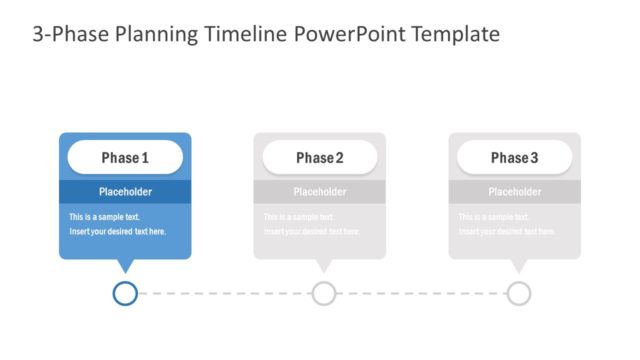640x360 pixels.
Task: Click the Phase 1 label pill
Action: pyautogui.click(x=125, y=158)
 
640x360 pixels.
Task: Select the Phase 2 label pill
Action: pyautogui.click(x=320, y=158)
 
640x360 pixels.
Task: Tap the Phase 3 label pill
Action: pyautogui.click(x=515, y=158)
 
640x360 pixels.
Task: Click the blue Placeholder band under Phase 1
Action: pyautogui.click(x=125, y=192)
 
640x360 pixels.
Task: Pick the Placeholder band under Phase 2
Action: pyautogui.click(x=320, y=192)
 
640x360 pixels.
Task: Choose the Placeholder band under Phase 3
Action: pyautogui.click(x=515, y=192)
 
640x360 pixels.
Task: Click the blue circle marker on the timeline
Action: pyautogui.click(x=125, y=293)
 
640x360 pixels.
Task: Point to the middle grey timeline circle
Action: pyautogui.click(x=324, y=293)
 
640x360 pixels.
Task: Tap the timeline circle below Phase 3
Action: pyautogui.click(x=518, y=293)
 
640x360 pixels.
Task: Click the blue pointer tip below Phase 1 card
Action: pyautogui.click(x=125, y=266)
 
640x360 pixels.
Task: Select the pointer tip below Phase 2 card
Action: pyautogui.click(x=323, y=266)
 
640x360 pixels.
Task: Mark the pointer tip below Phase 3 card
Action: pyautogui.click(x=517, y=266)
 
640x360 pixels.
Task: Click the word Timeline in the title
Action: pyautogui.click(x=248, y=35)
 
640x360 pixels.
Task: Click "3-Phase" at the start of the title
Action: pyautogui.click(x=65, y=35)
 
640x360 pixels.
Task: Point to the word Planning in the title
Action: pyautogui.click(x=153, y=35)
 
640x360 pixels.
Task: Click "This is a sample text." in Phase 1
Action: pyautogui.click(x=104, y=217)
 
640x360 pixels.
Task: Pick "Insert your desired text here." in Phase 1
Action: pyautogui.click(x=117, y=232)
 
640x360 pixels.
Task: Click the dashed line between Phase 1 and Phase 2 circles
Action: pyautogui.click(x=224, y=293)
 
